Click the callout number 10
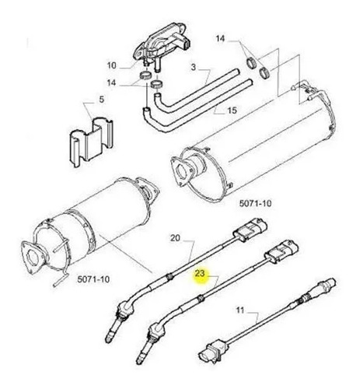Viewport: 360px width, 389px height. [112, 65]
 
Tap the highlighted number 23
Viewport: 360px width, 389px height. [200, 273]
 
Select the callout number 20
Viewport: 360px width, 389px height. [175, 238]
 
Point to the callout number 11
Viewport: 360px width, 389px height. [240, 310]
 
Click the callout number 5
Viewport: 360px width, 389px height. [101, 100]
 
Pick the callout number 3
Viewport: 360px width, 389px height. [194, 68]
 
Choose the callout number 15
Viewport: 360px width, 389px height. [232, 110]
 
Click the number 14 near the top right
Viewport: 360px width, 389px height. [220, 39]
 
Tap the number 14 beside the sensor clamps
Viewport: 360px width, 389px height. [111, 83]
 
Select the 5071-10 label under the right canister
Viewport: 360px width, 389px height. [255, 203]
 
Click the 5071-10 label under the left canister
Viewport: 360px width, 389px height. [93, 279]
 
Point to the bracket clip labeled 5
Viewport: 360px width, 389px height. [91, 142]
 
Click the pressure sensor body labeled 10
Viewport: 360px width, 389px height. [162, 44]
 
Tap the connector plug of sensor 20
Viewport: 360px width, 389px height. [250, 229]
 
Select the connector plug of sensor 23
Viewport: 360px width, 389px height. [281, 251]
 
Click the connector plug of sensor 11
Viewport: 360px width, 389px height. [211, 353]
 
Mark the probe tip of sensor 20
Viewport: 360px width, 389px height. [109, 337]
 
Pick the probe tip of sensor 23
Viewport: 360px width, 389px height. [140, 359]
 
